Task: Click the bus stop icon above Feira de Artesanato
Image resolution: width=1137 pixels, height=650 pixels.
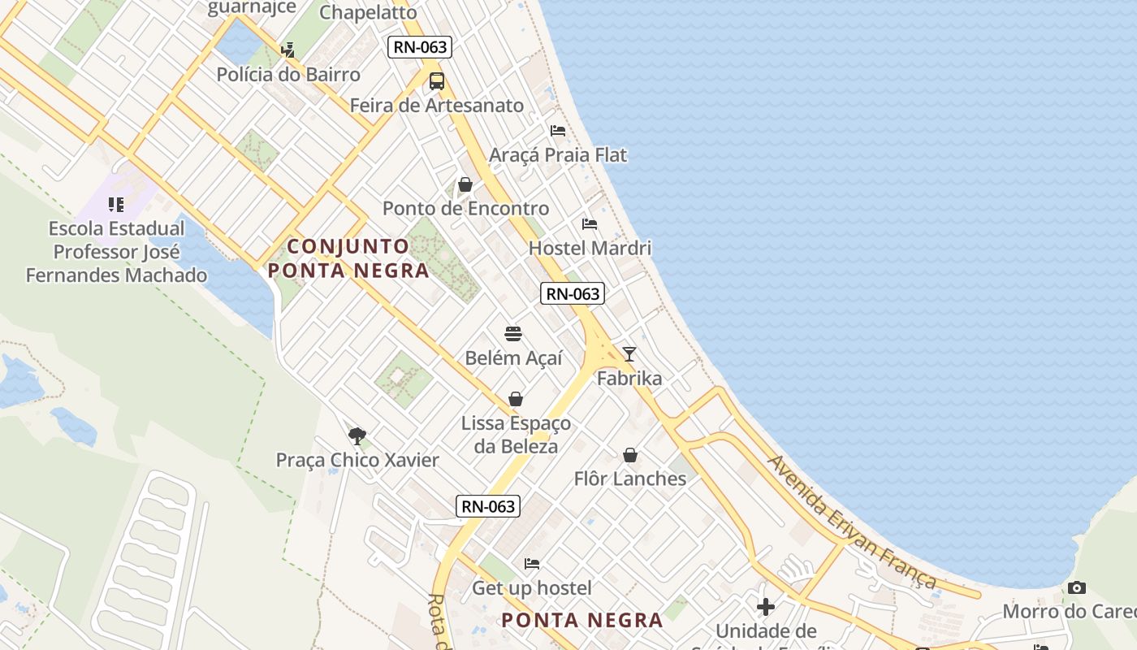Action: pos(437,81)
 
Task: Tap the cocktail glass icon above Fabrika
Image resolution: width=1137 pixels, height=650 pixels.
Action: pos(629,354)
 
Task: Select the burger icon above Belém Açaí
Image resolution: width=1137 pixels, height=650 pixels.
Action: pos(513,334)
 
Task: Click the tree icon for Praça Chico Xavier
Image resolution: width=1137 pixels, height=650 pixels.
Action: pos(357,435)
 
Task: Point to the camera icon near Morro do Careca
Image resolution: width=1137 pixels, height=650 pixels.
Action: pos(1077,587)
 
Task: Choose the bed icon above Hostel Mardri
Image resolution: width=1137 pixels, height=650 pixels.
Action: pos(590,223)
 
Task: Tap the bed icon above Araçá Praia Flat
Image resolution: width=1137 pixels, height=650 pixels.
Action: pos(558,130)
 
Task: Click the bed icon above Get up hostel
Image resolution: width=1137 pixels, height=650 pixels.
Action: pos(532,563)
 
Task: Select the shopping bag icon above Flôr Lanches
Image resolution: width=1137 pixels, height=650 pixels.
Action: pos(630,455)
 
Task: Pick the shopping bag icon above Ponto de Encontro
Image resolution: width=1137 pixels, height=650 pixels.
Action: pos(465,184)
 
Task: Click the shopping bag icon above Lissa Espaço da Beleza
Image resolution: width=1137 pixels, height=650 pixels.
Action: pos(516,399)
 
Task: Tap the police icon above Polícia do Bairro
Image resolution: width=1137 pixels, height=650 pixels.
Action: pos(287,50)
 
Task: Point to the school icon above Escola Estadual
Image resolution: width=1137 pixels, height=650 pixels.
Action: pos(116,204)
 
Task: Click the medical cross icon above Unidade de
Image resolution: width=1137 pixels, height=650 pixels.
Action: pos(766,606)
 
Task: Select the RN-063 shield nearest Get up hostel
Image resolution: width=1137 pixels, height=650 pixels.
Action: pos(487,506)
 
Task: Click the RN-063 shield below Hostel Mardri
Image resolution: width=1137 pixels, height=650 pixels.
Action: pos(573,294)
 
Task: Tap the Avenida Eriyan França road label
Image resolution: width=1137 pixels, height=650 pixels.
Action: pos(853,522)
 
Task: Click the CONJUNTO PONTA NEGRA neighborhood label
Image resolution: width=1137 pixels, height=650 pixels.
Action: pos(349,258)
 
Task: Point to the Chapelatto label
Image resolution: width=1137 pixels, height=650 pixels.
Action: pos(368,12)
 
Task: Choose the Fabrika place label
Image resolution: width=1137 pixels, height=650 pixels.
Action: pos(629,379)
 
